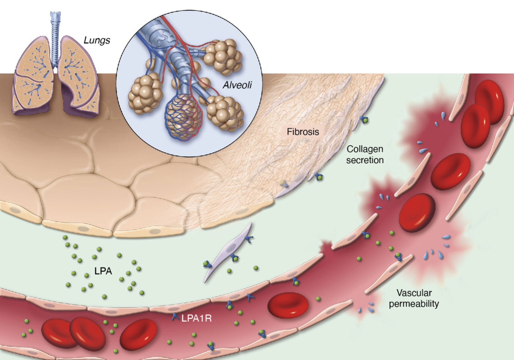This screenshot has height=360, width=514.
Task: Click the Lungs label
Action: tap(97, 40)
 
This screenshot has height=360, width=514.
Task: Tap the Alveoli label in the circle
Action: tap(237, 85)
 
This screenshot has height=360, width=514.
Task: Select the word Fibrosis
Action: tap(303, 132)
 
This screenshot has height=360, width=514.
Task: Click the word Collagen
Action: tap(365, 150)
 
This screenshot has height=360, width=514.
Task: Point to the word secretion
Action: tap(365, 160)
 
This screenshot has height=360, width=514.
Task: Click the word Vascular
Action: tap(414, 293)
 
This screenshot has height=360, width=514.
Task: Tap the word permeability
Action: tap(414, 304)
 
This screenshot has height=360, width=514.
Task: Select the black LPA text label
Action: tap(103, 271)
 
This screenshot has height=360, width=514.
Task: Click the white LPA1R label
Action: tap(197, 318)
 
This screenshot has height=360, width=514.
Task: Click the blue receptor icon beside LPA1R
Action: tap(176, 317)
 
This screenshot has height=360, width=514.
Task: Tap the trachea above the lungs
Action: tap(55, 39)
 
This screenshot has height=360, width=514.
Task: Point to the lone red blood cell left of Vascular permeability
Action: tap(288, 305)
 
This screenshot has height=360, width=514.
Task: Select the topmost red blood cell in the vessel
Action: tap(489, 102)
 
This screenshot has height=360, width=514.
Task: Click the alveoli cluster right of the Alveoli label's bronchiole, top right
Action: tap(223, 57)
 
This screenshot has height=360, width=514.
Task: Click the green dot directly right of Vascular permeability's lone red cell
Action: tap(318, 299)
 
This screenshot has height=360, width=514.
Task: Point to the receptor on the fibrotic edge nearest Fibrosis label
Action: tap(364, 120)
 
